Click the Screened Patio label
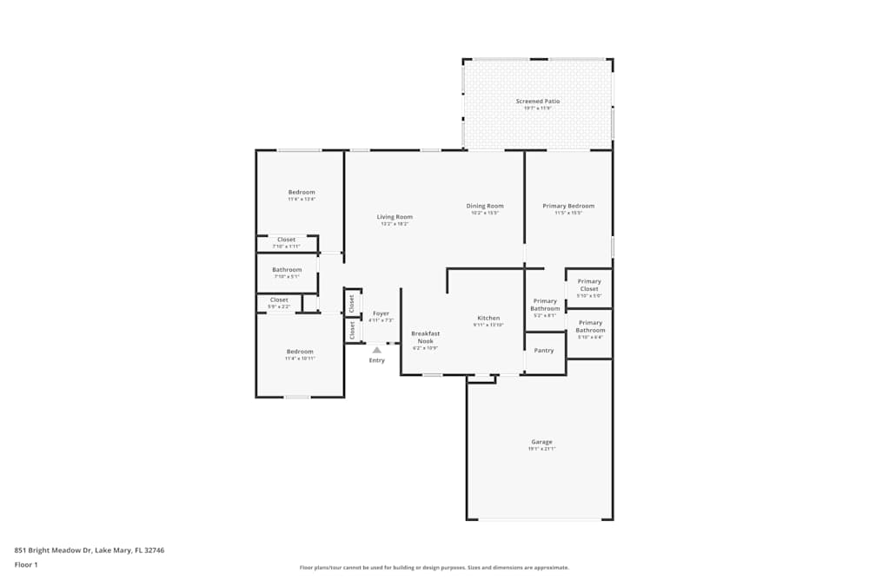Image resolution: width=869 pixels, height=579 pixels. pyautogui.click(x=538, y=102)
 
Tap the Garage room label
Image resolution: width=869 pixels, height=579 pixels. pyautogui.click(x=541, y=442)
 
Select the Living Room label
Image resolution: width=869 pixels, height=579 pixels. pyautogui.click(x=395, y=217)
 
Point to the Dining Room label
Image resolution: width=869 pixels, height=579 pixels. pyautogui.click(x=485, y=207)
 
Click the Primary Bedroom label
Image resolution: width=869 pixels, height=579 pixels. pyautogui.click(x=568, y=207)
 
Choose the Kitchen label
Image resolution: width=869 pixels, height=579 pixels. pyautogui.click(x=488, y=318)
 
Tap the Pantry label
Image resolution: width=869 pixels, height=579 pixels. pyautogui.click(x=544, y=351)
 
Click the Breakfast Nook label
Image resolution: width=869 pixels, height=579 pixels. pyautogui.click(x=425, y=338)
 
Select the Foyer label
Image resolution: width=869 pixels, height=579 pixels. pyautogui.click(x=381, y=313)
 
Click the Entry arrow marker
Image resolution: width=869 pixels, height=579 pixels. pyautogui.click(x=376, y=350)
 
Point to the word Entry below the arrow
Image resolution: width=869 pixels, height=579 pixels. pyautogui.click(x=376, y=360)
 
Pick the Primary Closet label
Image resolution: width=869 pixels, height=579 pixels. pyautogui.click(x=589, y=285)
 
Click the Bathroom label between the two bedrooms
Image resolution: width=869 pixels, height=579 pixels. pyautogui.click(x=287, y=270)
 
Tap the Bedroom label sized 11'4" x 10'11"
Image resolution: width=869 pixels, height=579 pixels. pyautogui.click(x=300, y=352)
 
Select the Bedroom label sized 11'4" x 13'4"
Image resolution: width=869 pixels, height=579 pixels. pyautogui.click(x=302, y=193)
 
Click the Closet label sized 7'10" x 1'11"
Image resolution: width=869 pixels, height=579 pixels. pyautogui.click(x=286, y=240)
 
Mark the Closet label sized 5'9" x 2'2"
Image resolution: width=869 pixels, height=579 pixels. pyautogui.click(x=279, y=299)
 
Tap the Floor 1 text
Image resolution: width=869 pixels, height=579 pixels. pyautogui.click(x=26, y=564)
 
